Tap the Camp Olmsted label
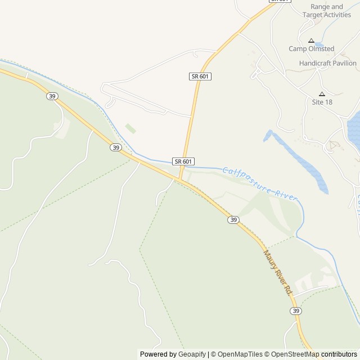[311, 49]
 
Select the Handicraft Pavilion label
[328, 64]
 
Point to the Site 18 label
[322, 102]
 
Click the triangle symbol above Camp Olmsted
[311, 40]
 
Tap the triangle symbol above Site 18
[322, 94]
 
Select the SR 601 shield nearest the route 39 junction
[183, 161]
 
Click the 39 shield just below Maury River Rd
[295, 311]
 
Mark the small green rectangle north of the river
[130, 129]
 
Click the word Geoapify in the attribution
[192, 354]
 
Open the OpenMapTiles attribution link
[239, 354]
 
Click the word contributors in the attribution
[339, 354]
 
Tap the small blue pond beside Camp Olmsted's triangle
[319, 44]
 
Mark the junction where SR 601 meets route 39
[180, 181]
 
